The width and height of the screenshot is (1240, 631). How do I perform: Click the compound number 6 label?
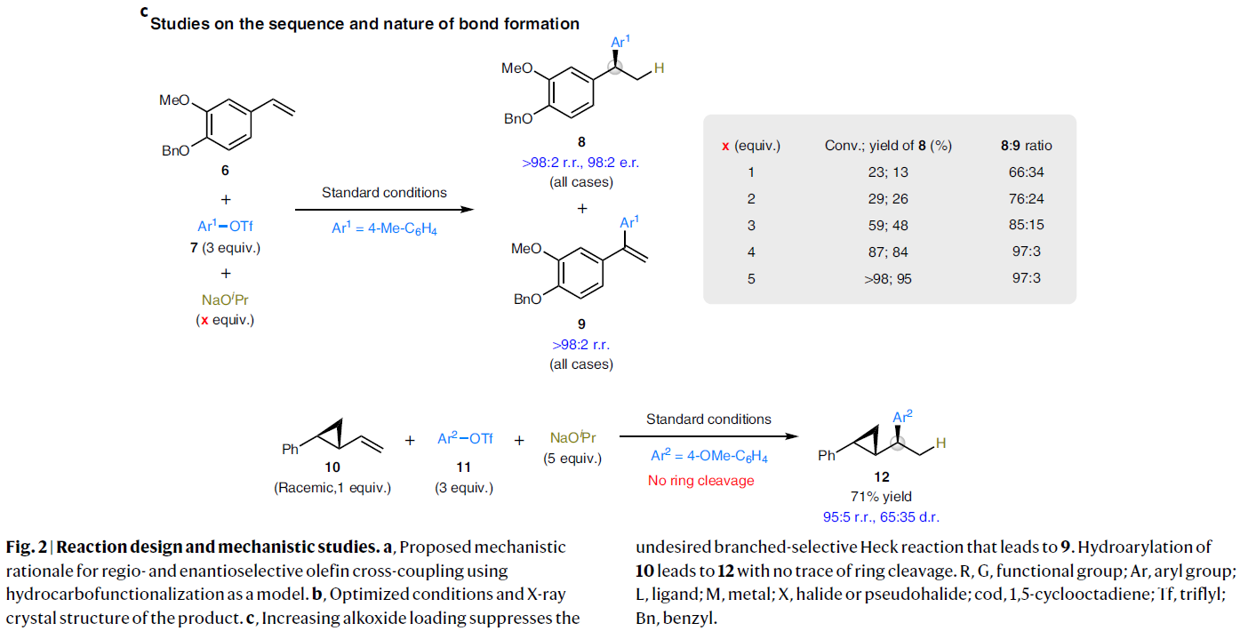tap(224, 170)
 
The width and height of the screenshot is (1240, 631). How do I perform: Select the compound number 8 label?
tap(581, 141)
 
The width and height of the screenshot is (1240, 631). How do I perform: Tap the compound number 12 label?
tap(882, 477)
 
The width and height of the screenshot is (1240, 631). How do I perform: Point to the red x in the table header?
tap(725, 146)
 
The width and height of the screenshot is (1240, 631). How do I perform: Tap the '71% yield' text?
tap(882, 497)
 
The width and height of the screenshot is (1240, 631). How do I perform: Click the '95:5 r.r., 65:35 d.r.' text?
tap(882, 515)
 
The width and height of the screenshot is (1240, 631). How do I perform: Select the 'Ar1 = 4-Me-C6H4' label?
tap(384, 228)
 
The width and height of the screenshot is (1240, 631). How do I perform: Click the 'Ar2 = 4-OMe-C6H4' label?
tap(708, 457)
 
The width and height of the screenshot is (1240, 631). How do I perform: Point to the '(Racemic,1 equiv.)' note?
tap(333, 488)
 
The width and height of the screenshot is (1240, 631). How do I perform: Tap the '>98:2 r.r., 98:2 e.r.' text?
tap(581, 164)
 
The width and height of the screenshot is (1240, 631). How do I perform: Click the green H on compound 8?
tap(659, 68)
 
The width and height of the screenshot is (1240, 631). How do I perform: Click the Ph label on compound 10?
tap(291, 450)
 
